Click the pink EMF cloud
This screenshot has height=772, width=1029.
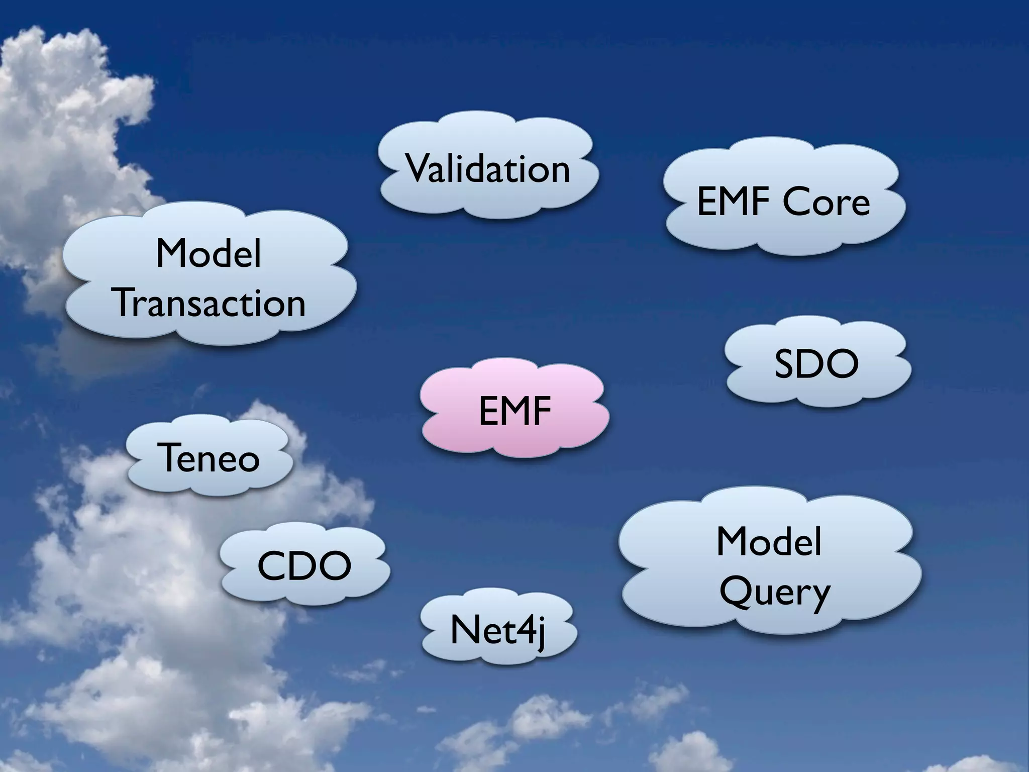[x=515, y=410]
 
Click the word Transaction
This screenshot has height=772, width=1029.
[x=211, y=303]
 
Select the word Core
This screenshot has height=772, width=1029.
[x=826, y=202]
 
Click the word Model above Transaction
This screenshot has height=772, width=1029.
[x=209, y=254]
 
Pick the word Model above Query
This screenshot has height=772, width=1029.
[x=769, y=541]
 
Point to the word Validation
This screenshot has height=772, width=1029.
[x=488, y=168]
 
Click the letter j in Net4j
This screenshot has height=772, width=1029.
[x=539, y=633]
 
